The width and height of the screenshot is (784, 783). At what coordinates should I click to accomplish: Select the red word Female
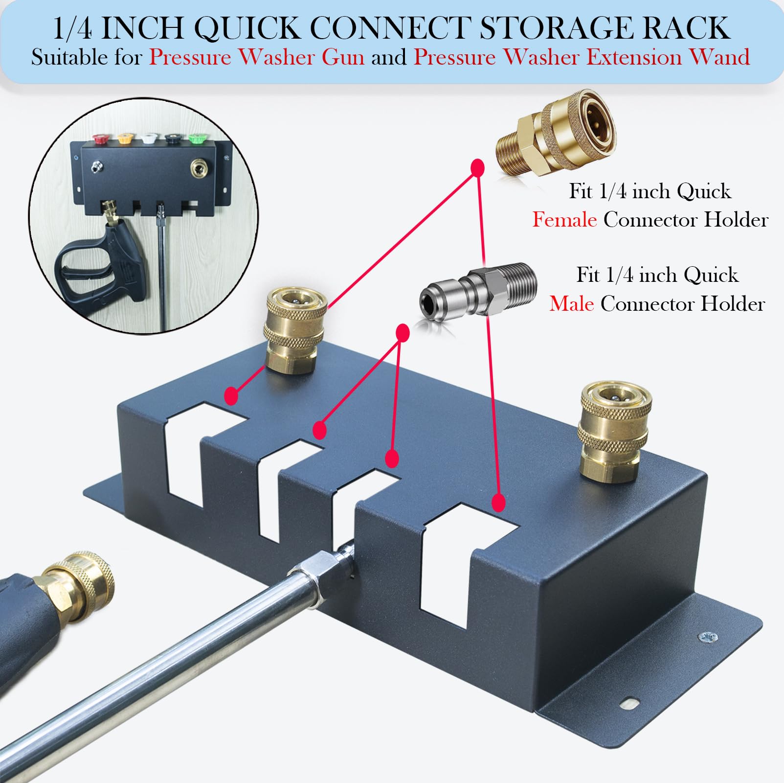point(564,220)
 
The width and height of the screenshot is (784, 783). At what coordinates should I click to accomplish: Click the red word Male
point(571,304)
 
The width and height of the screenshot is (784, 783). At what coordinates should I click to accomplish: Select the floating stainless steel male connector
point(478,293)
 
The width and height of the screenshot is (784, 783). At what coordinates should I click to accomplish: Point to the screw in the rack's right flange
point(708,637)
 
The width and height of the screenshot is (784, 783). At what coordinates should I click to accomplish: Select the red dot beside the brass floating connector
point(477,167)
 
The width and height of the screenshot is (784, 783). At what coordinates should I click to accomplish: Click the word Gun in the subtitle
point(343,57)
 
